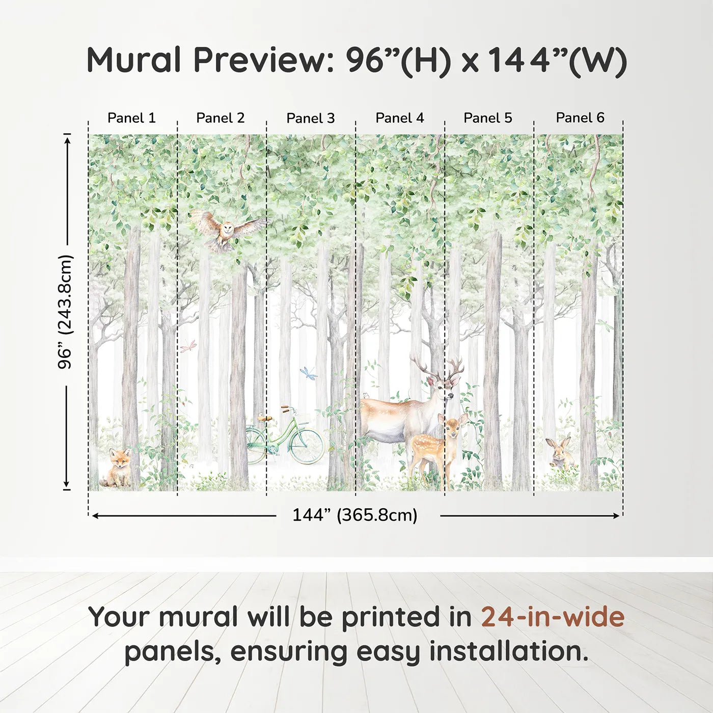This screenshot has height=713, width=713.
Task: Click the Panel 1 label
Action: (131, 118)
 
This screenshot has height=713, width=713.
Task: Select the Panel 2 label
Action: (221, 118)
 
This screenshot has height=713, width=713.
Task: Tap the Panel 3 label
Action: (311, 118)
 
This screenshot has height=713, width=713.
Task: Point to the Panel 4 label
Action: (400, 118)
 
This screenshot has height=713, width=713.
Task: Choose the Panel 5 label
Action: (488, 118)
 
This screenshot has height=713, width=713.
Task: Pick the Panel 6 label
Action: (580, 118)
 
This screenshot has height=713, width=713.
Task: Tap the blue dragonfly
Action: (309, 373)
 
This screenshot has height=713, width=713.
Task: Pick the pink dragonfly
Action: (187, 347)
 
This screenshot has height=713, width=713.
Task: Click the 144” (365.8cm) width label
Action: (354, 515)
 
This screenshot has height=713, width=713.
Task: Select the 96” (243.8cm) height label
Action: (65, 312)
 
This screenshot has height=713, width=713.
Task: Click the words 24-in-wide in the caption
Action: (553, 617)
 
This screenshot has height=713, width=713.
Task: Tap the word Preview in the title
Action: (263, 60)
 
